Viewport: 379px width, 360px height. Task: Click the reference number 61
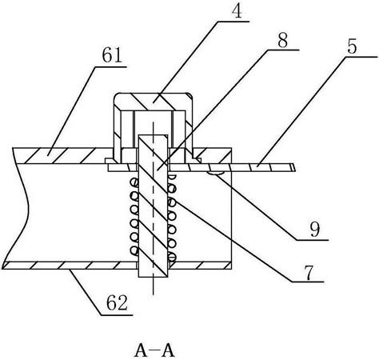(112, 54)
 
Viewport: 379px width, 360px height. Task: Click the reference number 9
(315, 230)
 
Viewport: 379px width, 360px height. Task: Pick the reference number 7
(310, 272)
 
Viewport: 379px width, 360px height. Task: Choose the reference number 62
(117, 302)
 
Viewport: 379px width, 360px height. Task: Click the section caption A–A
(154, 350)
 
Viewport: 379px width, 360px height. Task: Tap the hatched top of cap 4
(153, 102)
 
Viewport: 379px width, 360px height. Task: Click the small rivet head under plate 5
(216, 174)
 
